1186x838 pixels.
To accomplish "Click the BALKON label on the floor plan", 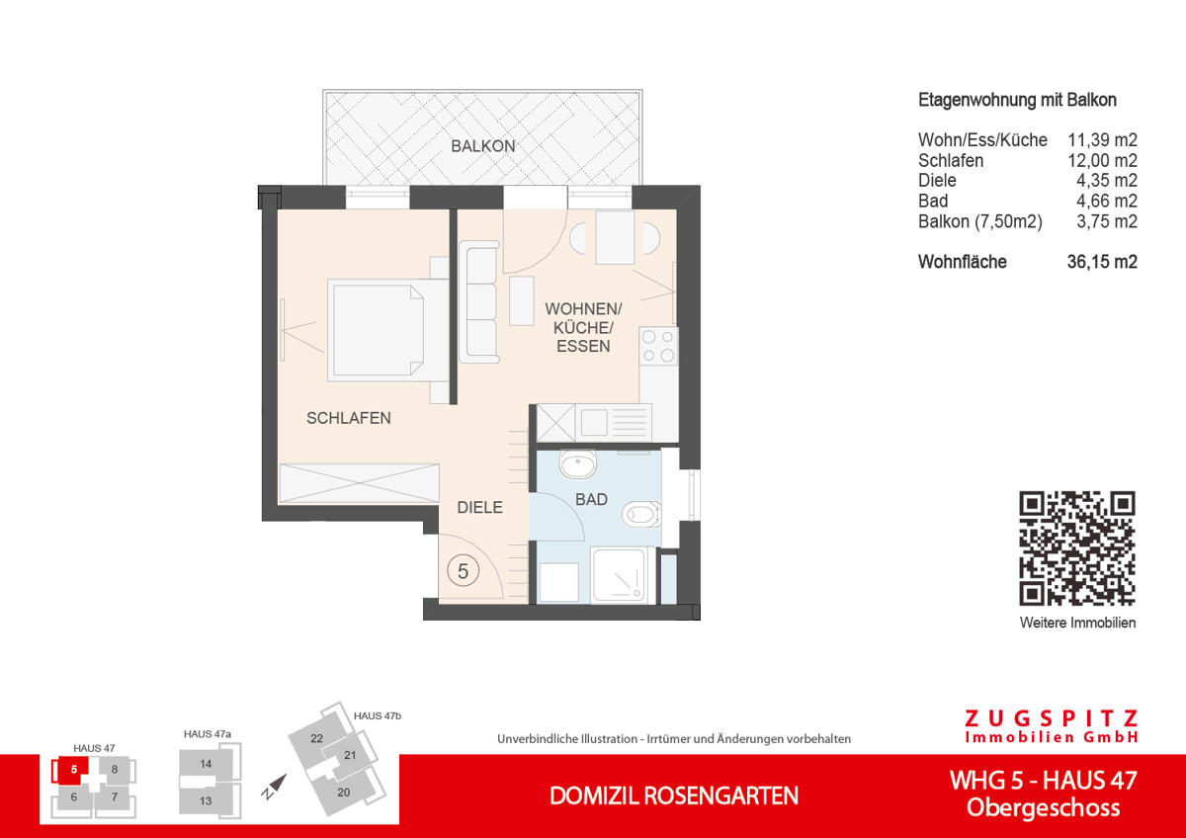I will point(483,146).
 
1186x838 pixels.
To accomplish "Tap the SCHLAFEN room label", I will point(348,418).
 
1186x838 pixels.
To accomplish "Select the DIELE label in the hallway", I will point(479,507).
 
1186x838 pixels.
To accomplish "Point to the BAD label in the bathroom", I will point(591,500).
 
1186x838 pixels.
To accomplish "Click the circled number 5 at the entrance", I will point(463,569).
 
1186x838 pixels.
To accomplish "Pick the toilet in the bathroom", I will point(640,514).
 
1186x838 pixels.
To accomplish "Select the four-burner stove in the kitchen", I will point(659,346).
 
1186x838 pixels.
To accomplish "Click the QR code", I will point(1076,548).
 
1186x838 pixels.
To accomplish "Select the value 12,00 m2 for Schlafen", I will point(1102,161).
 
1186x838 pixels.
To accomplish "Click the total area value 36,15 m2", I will point(1102,263).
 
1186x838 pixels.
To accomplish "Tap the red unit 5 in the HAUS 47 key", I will point(72,767).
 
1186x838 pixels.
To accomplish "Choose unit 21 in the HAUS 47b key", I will point(349,755).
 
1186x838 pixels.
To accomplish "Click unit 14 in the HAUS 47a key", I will point(206,764).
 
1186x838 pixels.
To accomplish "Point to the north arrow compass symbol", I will point(274,787).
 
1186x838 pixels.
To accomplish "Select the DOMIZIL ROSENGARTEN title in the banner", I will point(674,796).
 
